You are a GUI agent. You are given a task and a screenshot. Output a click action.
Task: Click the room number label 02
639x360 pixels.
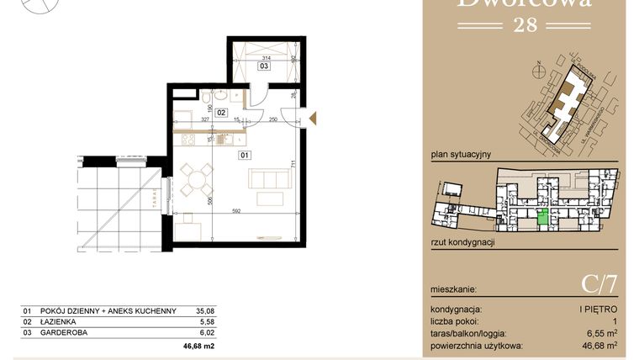pos(221,111)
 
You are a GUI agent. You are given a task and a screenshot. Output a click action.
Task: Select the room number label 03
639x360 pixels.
pos(263,65)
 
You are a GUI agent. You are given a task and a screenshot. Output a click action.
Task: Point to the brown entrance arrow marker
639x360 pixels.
pos(312,119)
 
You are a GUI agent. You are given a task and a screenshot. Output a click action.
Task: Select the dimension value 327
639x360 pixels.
pos(193,120)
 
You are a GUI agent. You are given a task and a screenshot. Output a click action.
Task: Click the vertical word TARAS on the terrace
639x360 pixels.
pos(154,200)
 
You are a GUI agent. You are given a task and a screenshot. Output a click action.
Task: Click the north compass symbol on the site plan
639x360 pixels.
pos(536,66)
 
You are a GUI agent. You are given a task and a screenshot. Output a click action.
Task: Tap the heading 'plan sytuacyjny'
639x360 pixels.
pos(460,154)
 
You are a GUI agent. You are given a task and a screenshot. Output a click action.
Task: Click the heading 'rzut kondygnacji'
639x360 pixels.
pos(462,241)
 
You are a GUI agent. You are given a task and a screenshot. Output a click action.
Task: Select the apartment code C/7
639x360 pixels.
pos(599,285)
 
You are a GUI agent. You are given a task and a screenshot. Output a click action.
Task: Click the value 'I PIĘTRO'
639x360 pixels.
pos(599,310)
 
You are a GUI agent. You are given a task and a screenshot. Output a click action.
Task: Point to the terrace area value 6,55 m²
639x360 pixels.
pos(600,333)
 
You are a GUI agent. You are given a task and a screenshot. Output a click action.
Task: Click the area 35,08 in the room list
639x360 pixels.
pos(204,310)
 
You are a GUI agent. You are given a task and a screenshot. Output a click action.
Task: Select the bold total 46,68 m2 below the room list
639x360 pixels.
pos(199,345)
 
